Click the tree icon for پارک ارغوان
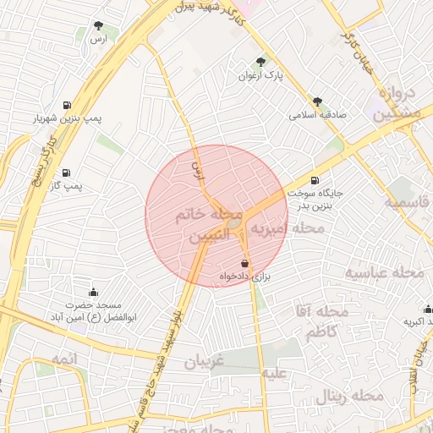(x=260, y=62)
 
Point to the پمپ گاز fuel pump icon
(x=66, y=172)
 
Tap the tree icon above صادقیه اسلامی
(x=317, y=100)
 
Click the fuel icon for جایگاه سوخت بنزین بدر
(x=315, y=180)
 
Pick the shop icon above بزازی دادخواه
(x=244, y=263)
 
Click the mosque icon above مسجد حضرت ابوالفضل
(x=94, y=292)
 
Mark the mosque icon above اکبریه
(x=428, y=310)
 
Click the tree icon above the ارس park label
(x=99, y=25)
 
